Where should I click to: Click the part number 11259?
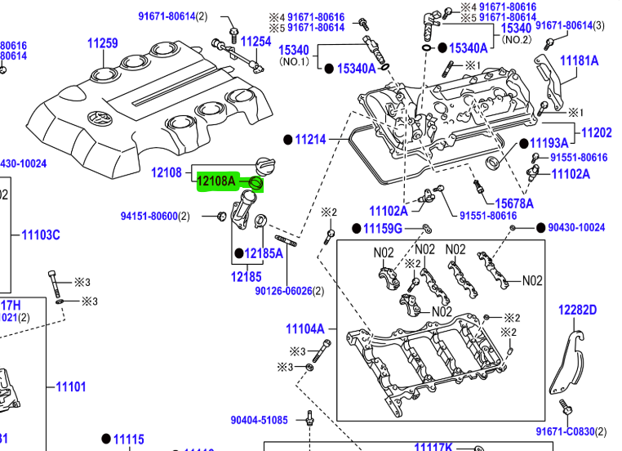[x=102, y=42]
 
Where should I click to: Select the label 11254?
[x=256, y=41]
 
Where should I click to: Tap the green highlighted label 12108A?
[x=216, y=181]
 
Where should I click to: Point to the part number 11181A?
[x=579, y=60]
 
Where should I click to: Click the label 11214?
[x=311, y=140]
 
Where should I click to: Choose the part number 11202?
[x=596, y=132]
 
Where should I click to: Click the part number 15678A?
[x=514, y=203]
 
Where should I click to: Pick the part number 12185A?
[x=263, y=253]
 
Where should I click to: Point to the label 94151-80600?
[x=149, y=216]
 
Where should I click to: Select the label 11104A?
[x=304, y=329]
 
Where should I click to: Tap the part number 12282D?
[x=577, y=310]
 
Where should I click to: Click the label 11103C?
[x=40, y=235]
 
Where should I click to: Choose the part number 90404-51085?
[x=259, y=420]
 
